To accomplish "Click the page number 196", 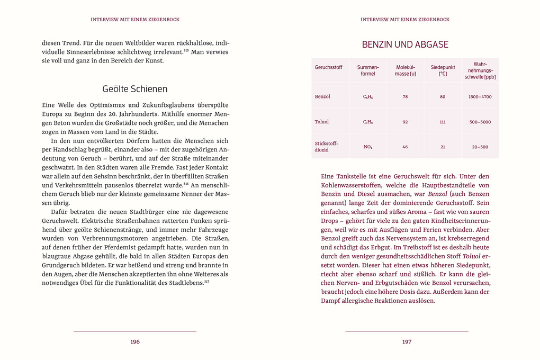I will point(135,342).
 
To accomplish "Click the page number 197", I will point(407,342).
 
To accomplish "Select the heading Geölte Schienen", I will point(135,89).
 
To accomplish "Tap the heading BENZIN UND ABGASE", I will point(405,44).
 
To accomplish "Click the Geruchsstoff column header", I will point(328,68).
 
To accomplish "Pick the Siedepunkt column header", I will point(443,70).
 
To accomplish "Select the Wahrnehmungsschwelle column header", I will point(480,70).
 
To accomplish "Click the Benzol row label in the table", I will point(322,97).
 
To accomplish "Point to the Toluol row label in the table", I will point(322,122).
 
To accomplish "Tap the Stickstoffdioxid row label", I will point(326,147).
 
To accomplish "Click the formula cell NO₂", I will point(368,147).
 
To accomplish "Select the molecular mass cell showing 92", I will point(405,122).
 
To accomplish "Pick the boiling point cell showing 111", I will point(443,122).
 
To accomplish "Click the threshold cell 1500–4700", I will point(480,97).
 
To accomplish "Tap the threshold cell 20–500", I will point(480,147).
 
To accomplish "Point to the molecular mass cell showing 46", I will point(405,147).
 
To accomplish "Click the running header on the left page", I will point(135,20).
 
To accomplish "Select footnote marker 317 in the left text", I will point(207,281).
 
